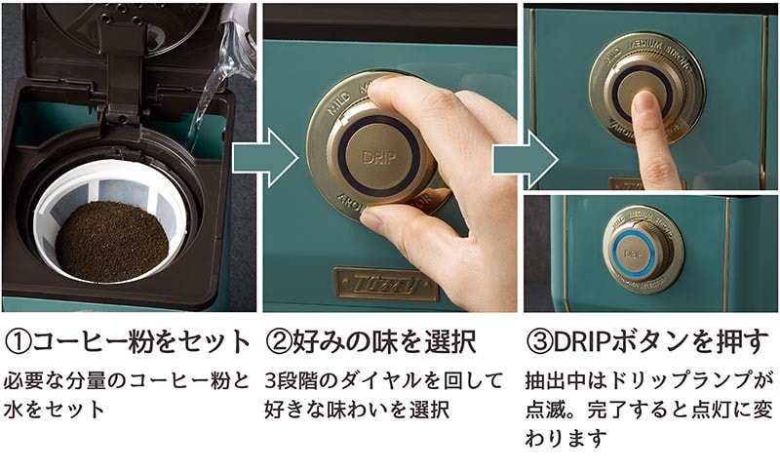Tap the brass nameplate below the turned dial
[386, 284]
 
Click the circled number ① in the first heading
[19, 342]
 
